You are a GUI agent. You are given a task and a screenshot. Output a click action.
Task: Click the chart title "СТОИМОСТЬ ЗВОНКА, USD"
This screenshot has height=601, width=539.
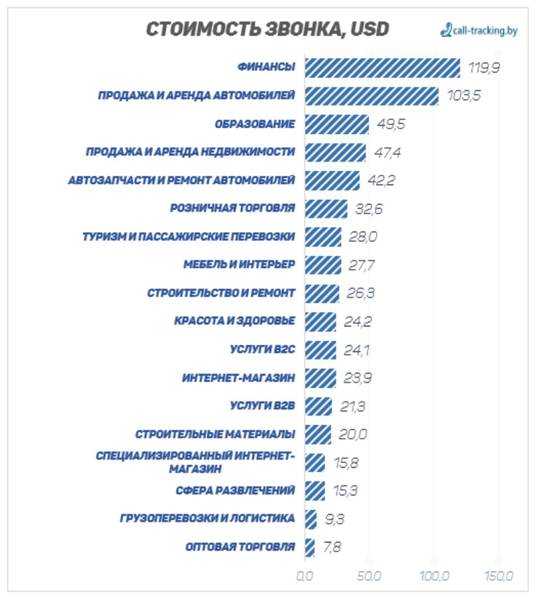[267, 29]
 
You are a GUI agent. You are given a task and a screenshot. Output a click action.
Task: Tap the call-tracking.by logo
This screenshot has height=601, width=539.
[479, 31]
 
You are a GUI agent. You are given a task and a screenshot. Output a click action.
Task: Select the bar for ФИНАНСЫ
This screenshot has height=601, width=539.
[382, 68]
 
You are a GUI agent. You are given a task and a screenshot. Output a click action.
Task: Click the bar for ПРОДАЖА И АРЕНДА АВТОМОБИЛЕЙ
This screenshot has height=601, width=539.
[371, 96]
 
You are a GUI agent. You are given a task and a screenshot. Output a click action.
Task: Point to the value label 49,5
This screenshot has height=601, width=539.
[391, 124]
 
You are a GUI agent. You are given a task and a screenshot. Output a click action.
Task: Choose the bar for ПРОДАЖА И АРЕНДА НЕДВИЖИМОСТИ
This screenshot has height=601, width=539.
[335, 152]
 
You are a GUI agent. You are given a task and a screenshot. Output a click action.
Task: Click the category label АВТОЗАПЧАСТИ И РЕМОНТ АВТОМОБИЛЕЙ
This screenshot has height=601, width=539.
[181, 180]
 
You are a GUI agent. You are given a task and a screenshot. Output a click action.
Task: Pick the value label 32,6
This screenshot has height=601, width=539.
[369, 209]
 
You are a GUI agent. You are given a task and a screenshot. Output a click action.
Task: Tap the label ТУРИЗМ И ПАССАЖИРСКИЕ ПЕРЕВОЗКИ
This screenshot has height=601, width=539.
[189, 236]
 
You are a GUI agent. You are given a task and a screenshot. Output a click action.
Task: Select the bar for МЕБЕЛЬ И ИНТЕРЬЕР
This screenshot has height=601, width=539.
[323, 265]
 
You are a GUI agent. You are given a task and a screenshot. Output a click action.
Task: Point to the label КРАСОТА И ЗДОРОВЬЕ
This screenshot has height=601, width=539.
[235, 321]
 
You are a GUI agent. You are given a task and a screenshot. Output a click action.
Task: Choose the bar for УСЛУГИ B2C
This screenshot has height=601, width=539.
[320, 349]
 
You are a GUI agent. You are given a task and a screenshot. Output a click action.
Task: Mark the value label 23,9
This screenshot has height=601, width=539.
[358, 378]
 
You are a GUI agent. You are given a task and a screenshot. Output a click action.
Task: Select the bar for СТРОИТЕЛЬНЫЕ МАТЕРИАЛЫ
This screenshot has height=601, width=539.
[318, 434]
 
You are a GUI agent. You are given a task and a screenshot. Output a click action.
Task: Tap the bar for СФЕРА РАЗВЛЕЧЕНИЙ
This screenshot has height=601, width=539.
[315, 490]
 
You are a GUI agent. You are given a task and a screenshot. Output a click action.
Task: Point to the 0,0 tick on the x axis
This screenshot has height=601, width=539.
[304, 576]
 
